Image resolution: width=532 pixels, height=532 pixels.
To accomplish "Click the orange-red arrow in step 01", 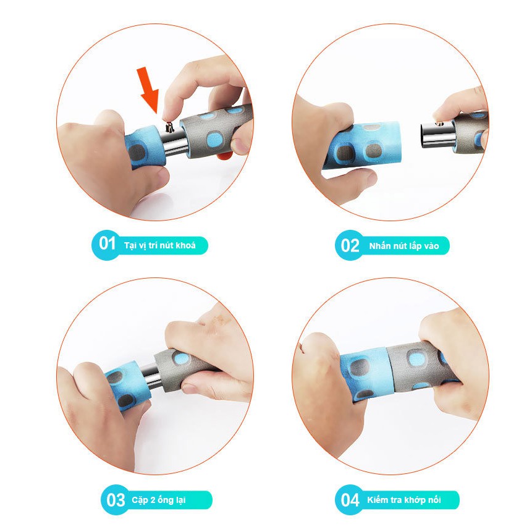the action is click(148, 90).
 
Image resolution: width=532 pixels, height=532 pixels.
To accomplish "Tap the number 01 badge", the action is click(106, 244).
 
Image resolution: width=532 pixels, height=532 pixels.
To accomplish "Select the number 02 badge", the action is click(350, 245).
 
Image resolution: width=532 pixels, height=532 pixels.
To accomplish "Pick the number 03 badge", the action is click(116, 499).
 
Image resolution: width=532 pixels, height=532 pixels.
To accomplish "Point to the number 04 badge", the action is click(350, 499).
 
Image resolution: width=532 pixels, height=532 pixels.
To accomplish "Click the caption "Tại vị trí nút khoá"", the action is click(160, 245).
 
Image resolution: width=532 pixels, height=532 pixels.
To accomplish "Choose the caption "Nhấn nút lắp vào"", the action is click(403, 246).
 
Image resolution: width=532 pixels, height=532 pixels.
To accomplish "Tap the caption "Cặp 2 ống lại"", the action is click(158, 500).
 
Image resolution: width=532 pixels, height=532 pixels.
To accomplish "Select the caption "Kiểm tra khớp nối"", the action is click(403, 500).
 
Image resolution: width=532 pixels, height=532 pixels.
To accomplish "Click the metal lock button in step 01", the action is click(169, 127).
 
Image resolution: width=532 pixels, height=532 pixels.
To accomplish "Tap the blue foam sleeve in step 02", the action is click(364, 145).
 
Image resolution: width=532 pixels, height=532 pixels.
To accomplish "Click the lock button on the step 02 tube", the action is click(439, 124).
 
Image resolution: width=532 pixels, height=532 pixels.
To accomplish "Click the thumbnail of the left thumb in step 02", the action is click(369, 177).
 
